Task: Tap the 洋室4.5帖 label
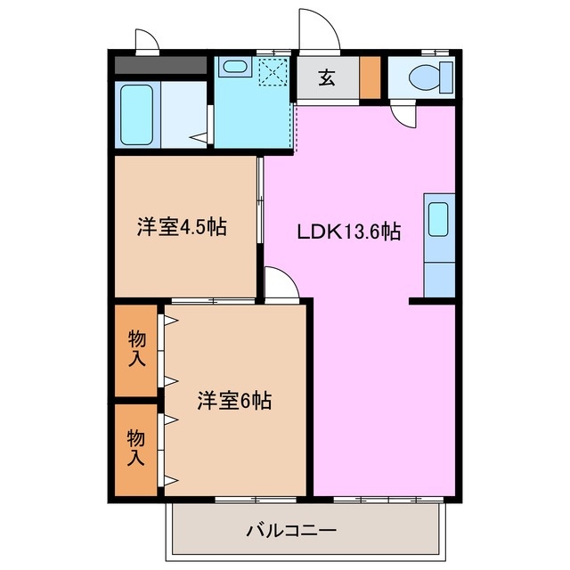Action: (x=181, y=227)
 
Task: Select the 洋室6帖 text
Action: (x=234, y=401)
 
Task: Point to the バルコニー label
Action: (x=290, y=532)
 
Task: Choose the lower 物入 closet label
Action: (x=136, y=448)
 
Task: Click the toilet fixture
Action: (x=425, y=77)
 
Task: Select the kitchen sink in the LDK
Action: (x=437, y=219)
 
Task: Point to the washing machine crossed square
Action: (x=274, y=71)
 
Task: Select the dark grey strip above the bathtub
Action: (x=161, y=65)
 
